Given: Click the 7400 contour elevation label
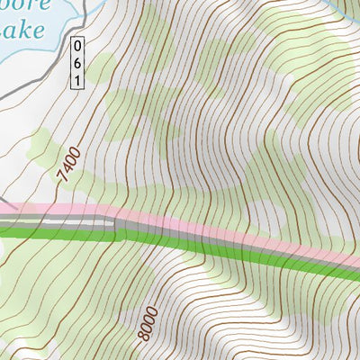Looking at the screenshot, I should [69, 166].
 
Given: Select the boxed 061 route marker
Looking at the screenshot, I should [77, 62].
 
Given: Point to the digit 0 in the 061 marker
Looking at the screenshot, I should [77, 45].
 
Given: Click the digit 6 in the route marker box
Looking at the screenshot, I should [77, 62].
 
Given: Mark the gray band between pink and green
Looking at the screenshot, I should [225, 236].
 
